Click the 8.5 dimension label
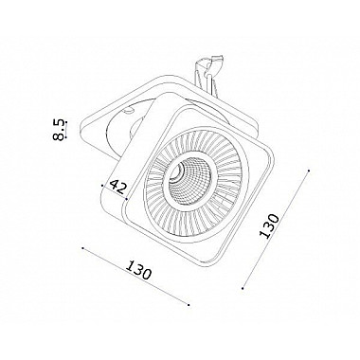tap(59, 130)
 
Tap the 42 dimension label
tap(117, 187)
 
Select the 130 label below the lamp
tap(138, 270)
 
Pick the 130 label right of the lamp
tap(269, 225)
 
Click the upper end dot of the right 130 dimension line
tap(309, 171)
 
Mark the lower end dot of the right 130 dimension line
tap(243, 288)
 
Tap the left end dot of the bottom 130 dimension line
tap(82, 248)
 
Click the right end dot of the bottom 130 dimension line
tap(189, 305)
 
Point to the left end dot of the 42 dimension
tap(102, 186)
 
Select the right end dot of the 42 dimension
tap(126, 199)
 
